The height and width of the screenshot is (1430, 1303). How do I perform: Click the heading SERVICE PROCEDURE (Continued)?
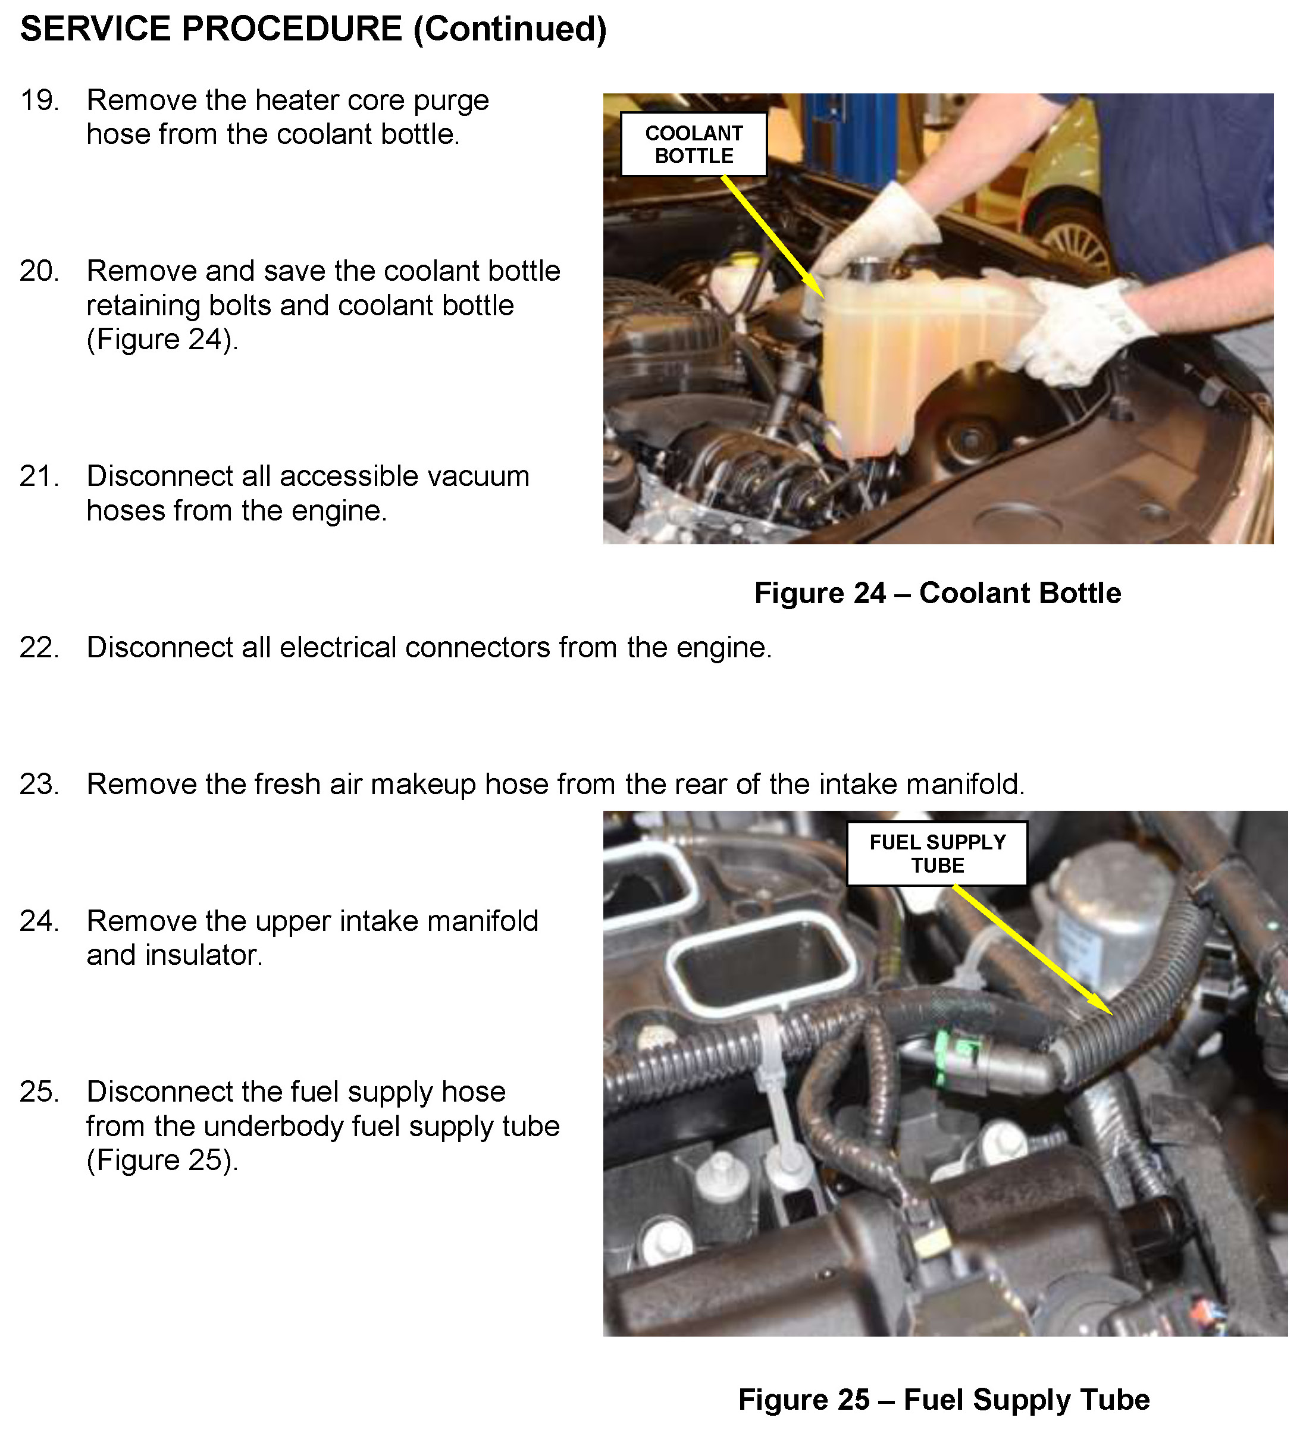(314, 30)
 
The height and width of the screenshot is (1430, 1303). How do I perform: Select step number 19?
(40, 101)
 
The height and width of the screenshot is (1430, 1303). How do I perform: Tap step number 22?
(40, 648)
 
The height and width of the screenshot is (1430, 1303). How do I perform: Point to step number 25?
(40, 1092)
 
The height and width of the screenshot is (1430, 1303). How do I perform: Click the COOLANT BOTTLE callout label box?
(694, 144)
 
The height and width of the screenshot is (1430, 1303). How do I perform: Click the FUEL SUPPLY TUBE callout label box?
(937, 854)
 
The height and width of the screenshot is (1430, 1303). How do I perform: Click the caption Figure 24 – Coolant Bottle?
(938, 593)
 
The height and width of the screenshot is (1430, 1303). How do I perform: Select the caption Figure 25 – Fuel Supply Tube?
(944, 1400)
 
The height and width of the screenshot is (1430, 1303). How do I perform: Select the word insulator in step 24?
(204, 955)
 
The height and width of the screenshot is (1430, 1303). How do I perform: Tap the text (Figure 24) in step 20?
(162, 340)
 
